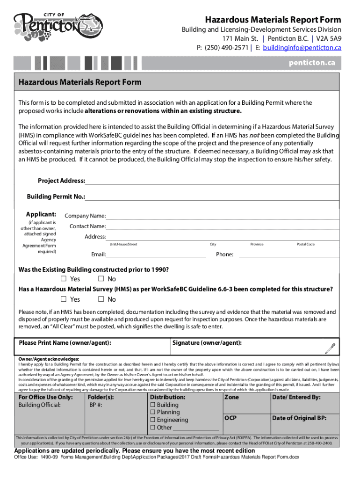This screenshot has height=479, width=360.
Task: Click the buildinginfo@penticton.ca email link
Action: click(x=302, y=48)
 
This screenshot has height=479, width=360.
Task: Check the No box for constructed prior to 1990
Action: click(x=101, y=279)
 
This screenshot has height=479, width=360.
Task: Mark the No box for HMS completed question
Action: click(x=101, y=299)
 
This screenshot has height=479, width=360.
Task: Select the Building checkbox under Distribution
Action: click(x=152, y=405)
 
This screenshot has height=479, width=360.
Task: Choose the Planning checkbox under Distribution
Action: click(x=152, y=413)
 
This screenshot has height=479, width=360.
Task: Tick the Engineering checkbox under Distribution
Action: click(x=152, y=420)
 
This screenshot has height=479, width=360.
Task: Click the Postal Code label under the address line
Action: click(x=306, y=244)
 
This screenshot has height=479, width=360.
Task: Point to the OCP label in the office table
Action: click(x=231, y=418)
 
